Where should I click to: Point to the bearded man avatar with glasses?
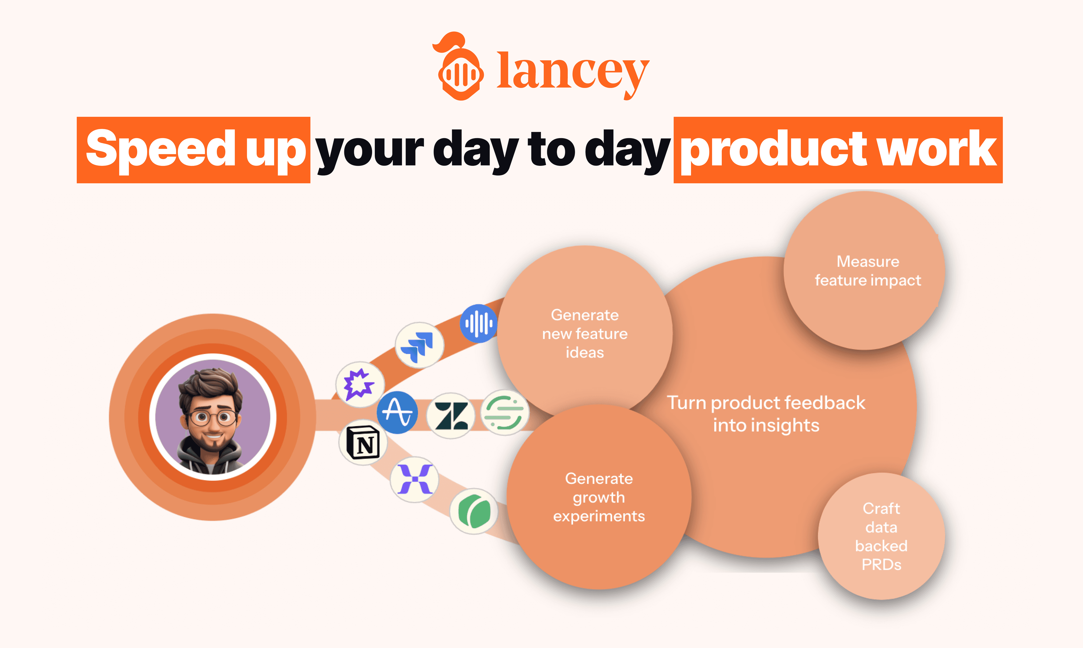213,417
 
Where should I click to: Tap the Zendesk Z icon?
451,416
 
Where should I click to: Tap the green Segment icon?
504,412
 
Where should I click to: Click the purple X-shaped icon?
414,479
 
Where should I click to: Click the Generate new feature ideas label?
585,334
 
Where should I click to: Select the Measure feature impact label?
868,271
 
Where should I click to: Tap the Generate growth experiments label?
599,497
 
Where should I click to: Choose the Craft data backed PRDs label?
881,536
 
